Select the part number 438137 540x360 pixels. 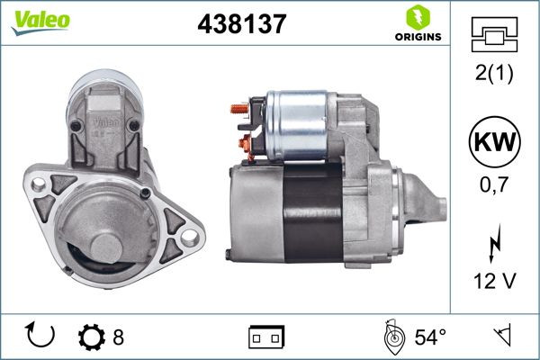pos(241,24)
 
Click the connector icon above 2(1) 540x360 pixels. pos(495,37)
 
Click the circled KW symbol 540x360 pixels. pos(495,143)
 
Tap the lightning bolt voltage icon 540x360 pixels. pos(495,243)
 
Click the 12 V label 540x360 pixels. pos(495,283)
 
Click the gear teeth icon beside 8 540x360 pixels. pos(92,337)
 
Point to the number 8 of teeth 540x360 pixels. pos(118,337)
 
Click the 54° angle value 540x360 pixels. pos(430,337)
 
